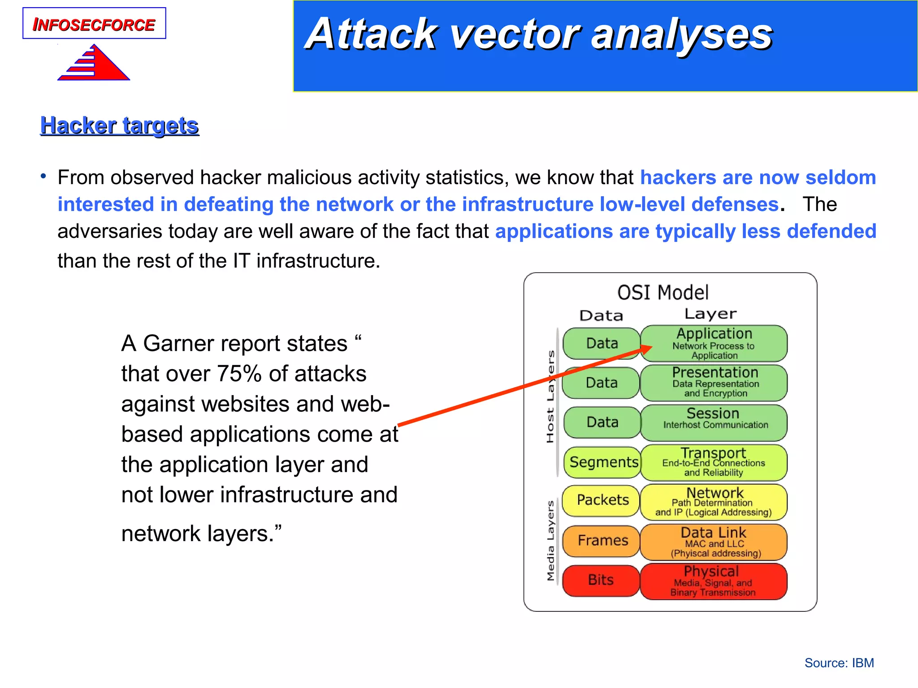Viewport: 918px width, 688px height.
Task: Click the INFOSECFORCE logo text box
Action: coord(94,24)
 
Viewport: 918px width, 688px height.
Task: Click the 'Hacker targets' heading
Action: coord(119,125)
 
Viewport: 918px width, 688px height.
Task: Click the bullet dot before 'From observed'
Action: coord(43,176)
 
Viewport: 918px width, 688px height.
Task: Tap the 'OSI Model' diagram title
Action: coord(663,292)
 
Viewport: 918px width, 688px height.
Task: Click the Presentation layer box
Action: coord(714,383)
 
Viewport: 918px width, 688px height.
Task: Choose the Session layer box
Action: coord(714,422)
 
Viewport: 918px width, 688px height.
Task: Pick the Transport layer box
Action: coord(714,462)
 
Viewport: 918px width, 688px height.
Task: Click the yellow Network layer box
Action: coord(714,502)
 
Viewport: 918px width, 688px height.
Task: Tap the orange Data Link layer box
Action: coord(714,542)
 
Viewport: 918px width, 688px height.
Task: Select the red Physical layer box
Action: coord(714,581)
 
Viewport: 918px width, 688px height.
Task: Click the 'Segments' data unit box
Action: coord(603,462)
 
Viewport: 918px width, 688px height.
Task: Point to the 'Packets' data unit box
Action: coord(602,500)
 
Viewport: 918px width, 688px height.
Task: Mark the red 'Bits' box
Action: coord(601,580)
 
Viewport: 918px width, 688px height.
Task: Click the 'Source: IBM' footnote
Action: coord(839,663)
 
